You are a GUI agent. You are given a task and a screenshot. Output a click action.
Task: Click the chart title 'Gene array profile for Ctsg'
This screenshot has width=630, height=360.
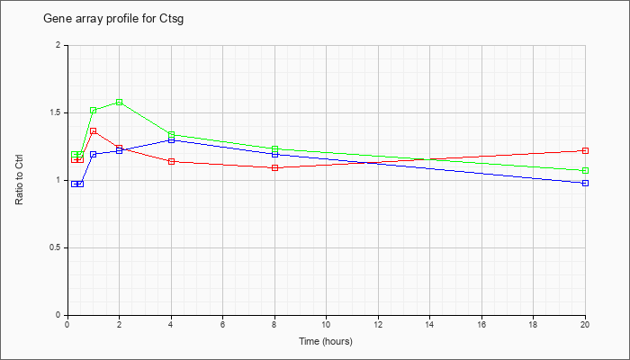pos(113,19)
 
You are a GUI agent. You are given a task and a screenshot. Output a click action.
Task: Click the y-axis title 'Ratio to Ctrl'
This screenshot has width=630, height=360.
pos(19,180)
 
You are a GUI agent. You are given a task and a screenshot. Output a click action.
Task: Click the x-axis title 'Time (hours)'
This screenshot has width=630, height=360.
pos(326,341)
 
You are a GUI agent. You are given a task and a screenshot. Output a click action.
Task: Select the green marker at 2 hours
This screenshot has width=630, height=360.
pos(120,102)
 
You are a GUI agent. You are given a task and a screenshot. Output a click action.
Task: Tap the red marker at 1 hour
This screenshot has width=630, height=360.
pos(94,131)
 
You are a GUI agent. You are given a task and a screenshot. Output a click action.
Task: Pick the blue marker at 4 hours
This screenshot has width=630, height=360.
pos(172,139)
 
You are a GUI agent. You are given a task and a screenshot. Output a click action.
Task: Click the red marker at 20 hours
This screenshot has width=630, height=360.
pos(585,150)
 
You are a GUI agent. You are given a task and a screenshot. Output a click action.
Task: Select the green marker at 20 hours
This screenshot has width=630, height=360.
pos(585,171)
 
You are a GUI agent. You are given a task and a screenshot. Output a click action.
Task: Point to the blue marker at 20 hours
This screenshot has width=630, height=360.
pos(585,184)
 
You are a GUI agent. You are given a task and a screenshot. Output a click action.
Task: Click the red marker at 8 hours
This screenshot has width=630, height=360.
pos(275,168)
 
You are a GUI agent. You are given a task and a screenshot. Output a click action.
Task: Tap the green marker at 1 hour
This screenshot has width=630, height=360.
pos(94,111)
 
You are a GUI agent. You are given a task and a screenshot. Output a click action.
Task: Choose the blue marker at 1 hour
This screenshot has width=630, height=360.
pos(94,154)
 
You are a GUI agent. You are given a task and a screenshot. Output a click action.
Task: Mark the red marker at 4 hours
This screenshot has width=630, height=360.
pos(172,161)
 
